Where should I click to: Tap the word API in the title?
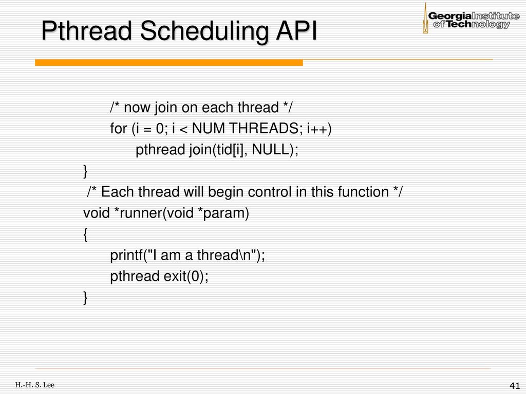(x=296, y=31)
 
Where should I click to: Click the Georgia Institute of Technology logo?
(x=471, y=19)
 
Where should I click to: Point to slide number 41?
(x=514, y=386)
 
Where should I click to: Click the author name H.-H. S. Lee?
(x=34, y=385)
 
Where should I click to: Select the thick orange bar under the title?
(x=168, y=62)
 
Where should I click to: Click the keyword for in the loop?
(x=119, y=129)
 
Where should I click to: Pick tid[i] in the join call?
(x=232, y=150)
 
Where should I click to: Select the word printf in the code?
(x=126, y=256)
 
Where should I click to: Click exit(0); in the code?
(x=186, y=276)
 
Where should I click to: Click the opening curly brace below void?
(x=86, y=235)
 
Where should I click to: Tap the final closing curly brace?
(x=86, y=298)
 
